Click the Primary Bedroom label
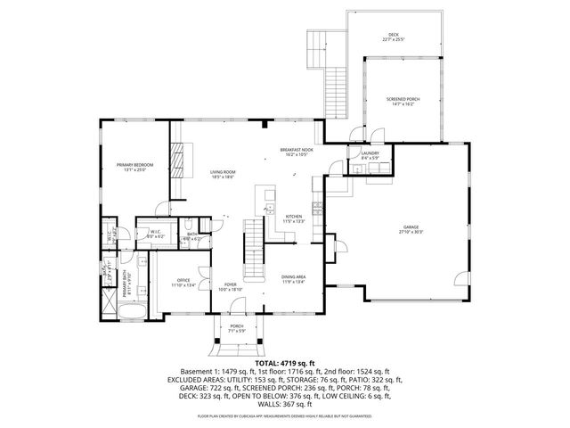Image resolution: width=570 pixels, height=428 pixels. pos(134,165)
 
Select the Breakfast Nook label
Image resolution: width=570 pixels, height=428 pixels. pos(296,150)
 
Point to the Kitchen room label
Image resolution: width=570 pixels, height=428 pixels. pos(295,216)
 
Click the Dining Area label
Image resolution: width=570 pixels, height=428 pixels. pos(294,277)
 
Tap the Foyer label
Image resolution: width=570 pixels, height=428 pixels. pos(231,284)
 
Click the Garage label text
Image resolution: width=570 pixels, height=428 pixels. pos(411,227)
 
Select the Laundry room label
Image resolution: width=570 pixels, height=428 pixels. pos(370,153)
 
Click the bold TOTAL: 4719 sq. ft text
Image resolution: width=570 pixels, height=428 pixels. pos(285,363)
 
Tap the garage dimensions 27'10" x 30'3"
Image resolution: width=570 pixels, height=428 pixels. pos(411,233)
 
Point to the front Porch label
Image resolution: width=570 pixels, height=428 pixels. pos(237,326)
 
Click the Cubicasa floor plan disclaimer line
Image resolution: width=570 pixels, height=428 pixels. pos(285,416)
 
